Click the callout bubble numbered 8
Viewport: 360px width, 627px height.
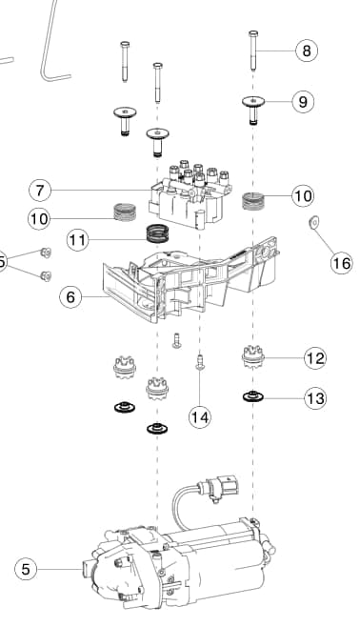click(307, 51)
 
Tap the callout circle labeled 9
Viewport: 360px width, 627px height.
click(303, 102)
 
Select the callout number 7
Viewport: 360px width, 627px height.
click(40, 190)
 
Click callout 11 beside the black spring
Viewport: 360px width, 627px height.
click(78, 240)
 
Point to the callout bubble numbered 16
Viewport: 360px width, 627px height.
click(342, 263)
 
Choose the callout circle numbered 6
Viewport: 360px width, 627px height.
click(70, 297)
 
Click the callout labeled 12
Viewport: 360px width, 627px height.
click(315, 358)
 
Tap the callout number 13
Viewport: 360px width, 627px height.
click(315, 398)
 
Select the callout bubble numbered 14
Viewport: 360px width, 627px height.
click(200, 417)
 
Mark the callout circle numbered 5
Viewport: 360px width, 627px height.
click(26, 569)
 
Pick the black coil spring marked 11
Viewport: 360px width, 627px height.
click(158, 233)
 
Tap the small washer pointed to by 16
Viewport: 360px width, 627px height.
click(314, 221)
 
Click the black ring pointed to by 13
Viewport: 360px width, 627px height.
click(253, 396)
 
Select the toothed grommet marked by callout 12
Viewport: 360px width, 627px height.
click(253, 356)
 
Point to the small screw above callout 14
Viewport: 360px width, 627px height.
click(200, 362)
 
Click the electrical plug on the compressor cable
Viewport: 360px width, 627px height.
click(225, 487)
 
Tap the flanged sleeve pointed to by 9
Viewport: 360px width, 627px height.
click(253, 109)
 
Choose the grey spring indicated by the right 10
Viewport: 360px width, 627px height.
click(253, 201)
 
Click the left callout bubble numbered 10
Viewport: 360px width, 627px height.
click(39, 219)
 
